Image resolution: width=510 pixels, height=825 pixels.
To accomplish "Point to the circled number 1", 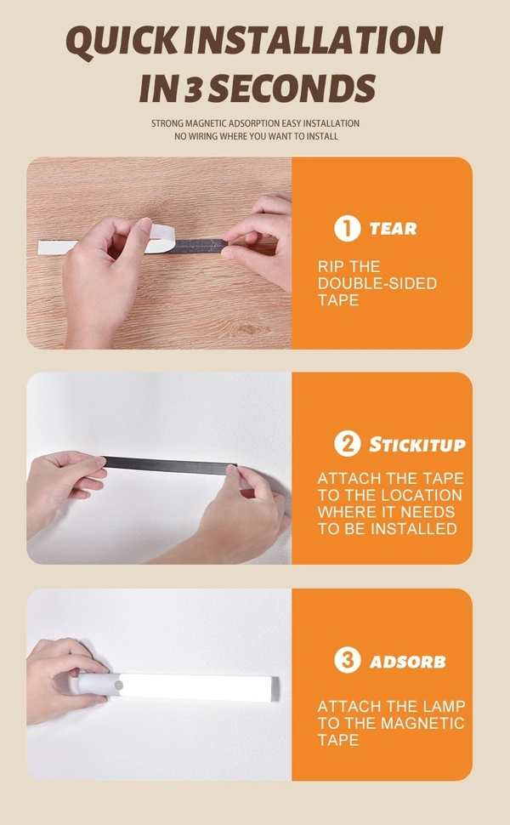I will [x=347, y=228].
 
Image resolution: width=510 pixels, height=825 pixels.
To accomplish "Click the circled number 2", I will [x=347, y=444].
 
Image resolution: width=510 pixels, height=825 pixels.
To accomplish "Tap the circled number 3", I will [x=347, y=661].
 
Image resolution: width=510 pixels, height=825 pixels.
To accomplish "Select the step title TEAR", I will [x=393, y=228].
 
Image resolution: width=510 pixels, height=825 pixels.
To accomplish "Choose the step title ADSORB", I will [x=407, y=661].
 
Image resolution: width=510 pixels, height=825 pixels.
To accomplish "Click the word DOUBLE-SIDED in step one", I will [x=377, y=283].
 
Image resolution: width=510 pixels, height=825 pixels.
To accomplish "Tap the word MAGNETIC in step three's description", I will [x=422, y=723].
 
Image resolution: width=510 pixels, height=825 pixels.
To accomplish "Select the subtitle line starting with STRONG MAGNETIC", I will [x=255, y=123].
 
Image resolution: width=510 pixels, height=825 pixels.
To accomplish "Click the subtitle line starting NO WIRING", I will [x=255, y=136].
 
